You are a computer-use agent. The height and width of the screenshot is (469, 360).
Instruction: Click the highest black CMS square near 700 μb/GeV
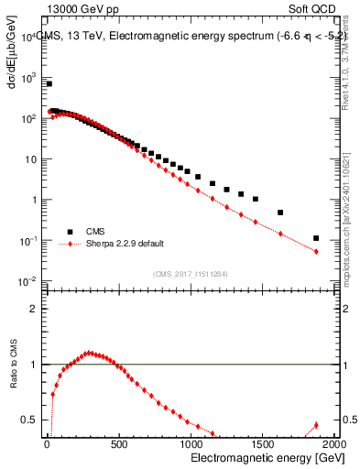pyautogui.click(x=49, y=83)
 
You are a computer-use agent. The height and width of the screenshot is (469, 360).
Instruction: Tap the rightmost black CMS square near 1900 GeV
pyautogui.click(x=316, y=238)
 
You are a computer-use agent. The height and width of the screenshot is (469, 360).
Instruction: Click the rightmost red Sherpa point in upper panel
pyautogui.click(x=316, y=251)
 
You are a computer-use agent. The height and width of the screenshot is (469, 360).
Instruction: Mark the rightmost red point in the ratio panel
pyautogui.click(x=316, y=425)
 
